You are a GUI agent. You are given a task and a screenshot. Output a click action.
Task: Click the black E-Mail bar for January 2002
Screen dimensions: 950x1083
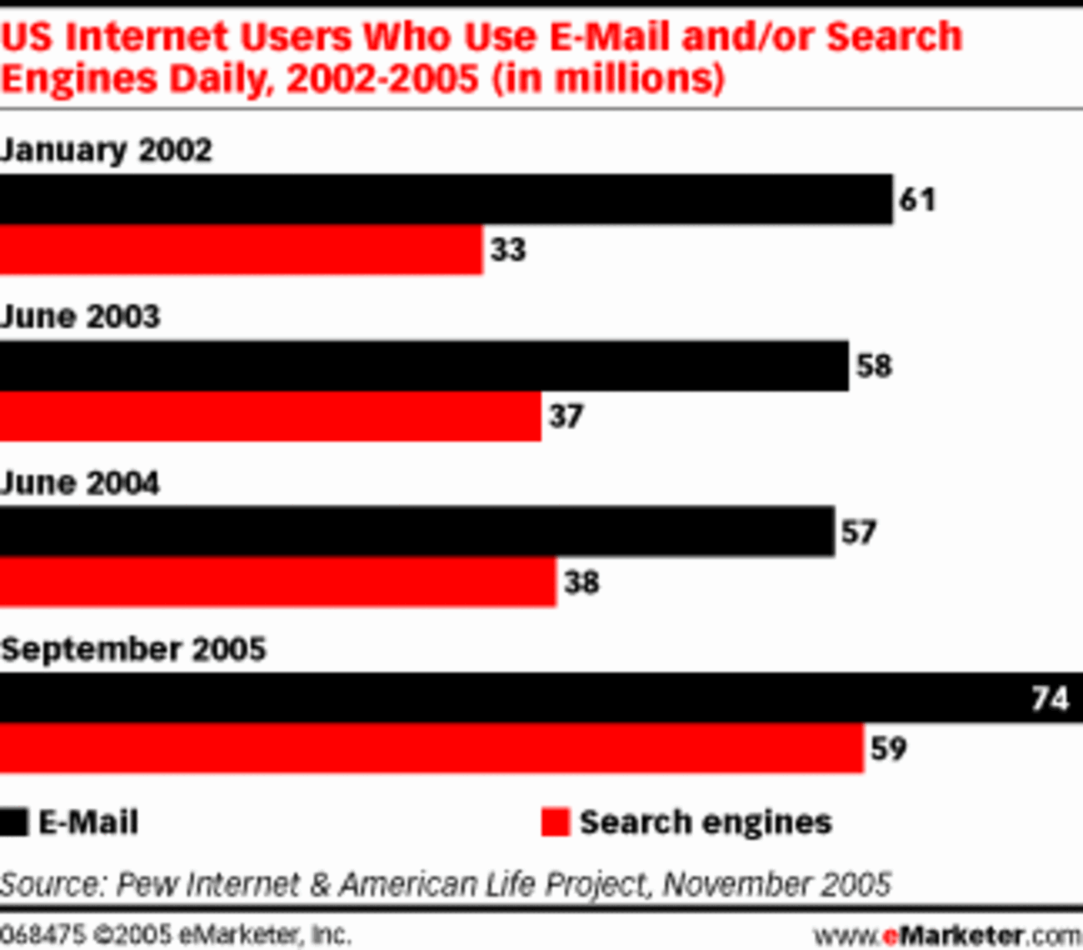446,200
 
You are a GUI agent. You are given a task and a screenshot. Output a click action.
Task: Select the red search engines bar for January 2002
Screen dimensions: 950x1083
241,250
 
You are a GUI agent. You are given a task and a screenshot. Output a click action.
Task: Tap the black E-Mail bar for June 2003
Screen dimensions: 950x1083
424,366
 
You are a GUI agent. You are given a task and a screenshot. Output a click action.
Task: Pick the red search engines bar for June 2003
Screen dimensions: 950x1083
270,416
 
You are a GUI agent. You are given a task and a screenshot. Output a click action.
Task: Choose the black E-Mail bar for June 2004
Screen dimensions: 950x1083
417,532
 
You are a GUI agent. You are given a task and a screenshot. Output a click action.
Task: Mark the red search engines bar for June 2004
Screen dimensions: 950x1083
277,582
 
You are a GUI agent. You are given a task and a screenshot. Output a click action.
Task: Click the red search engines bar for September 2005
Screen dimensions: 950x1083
432,748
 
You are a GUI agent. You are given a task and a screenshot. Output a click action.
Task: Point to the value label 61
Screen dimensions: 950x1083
917,200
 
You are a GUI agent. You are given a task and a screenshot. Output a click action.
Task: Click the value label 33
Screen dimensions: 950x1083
508,250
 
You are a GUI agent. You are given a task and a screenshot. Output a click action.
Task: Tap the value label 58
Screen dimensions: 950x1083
874,366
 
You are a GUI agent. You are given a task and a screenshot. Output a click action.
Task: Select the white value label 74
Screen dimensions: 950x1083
1050,698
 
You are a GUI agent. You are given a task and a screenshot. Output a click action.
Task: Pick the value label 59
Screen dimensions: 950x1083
888,748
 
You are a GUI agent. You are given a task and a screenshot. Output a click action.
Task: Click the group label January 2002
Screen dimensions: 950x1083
107,151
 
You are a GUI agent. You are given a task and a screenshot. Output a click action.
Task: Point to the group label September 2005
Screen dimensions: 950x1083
133,649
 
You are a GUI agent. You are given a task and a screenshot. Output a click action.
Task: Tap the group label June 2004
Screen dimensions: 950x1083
80,483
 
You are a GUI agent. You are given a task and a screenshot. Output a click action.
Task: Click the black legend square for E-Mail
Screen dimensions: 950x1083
14,822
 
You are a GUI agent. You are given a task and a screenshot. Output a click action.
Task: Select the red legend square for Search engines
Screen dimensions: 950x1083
555,822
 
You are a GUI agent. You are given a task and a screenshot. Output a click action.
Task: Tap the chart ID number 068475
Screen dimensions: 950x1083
42,934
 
